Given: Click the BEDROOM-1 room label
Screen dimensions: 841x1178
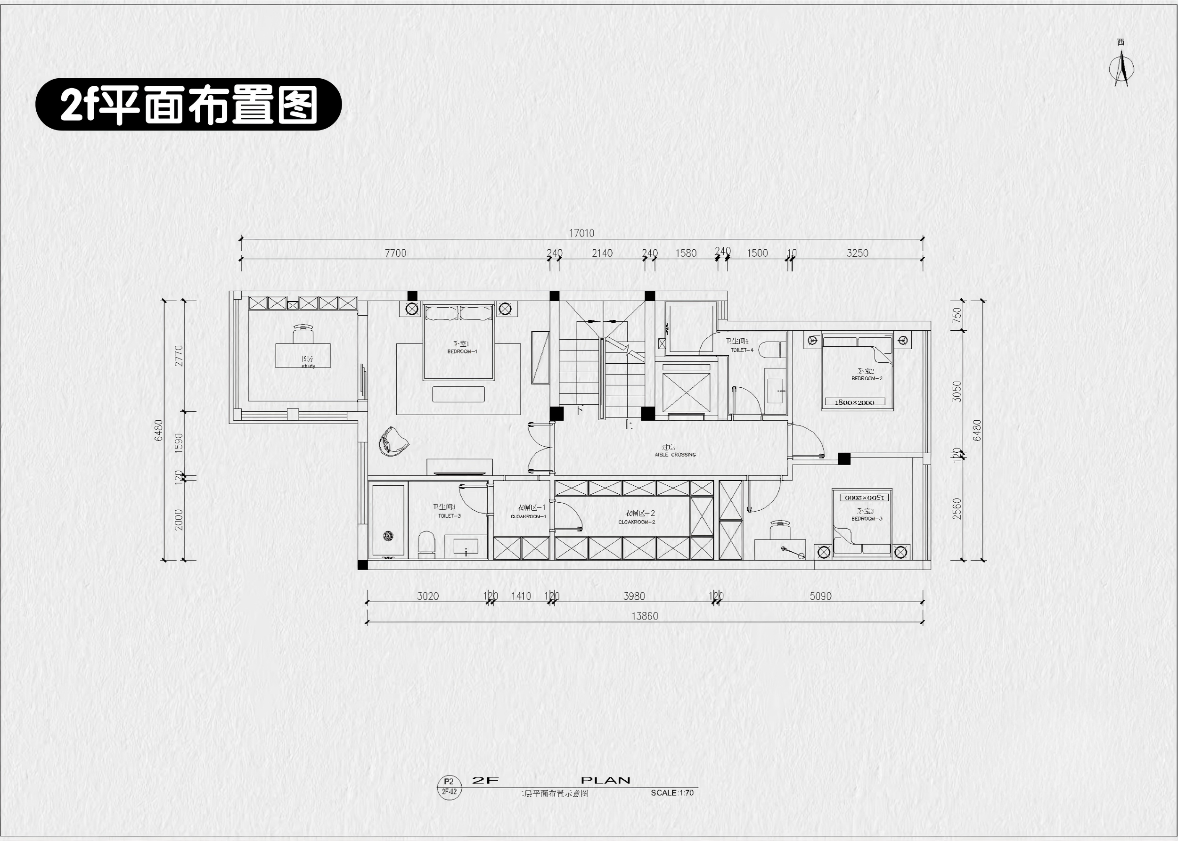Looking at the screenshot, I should (462, 351).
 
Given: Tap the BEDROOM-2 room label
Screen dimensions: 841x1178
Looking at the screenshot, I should (867, 378).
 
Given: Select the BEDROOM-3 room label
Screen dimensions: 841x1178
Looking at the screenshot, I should (867, 518).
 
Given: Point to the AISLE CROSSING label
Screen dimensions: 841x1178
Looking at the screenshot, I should (675, 454).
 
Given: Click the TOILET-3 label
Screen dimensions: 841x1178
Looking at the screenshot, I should (449, 516).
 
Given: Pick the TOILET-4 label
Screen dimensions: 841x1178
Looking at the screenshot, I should (742, 350).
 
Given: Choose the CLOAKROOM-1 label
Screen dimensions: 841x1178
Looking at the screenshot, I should (528, 516).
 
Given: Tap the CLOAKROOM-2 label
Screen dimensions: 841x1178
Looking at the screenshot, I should (637, 522).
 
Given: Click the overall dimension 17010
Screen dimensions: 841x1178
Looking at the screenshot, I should (581, 233).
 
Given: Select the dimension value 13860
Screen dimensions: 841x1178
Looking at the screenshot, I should (644, 616).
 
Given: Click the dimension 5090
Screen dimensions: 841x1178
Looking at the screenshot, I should (820, 596).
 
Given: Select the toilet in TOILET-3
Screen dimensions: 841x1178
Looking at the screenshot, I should (426, 544).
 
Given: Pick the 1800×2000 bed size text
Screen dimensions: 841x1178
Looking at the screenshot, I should (854, 402).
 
